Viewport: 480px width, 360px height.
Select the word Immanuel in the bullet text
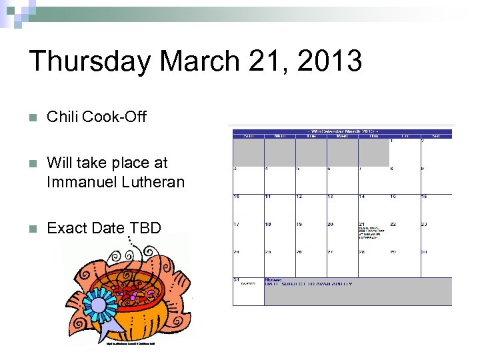(x=76, y=181)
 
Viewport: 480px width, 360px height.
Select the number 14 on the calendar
(x=362, y=197)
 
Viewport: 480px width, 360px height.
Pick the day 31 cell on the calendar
(x=247, y=291)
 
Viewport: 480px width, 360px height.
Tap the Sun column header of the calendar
(x=247, y=136)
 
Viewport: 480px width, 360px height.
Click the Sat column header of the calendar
(x=436, y=136)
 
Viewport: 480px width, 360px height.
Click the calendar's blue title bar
(x=341, y=131)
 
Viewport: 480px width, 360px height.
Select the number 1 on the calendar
(x=391, y=141)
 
